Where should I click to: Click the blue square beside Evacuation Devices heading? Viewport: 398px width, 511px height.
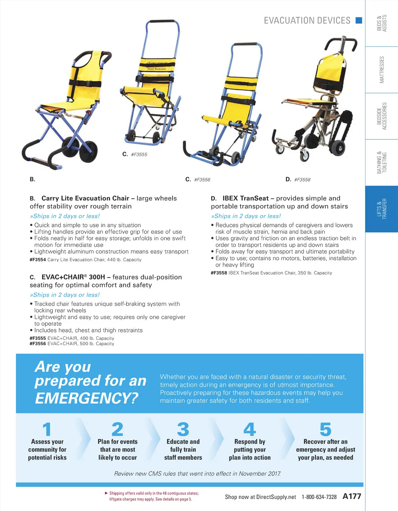tap(359, 21)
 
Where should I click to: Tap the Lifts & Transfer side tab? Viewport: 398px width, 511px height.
tap(381, 209)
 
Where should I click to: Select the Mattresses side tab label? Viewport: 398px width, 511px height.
tap(382, 70)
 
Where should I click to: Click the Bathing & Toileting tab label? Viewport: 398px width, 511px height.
tap(381, 163)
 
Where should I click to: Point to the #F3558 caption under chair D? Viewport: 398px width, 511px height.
tap(302, 180)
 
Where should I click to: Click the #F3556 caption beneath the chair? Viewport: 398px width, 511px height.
tap(202, 180)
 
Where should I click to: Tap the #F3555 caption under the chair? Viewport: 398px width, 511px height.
tap(139, 155)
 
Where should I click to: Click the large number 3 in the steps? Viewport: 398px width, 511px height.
tap(183, 429)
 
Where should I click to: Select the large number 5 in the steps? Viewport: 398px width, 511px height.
tap(325, 429)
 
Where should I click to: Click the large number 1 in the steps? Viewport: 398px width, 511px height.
tap(47, 429)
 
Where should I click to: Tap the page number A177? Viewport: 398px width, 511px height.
tap(352, 496)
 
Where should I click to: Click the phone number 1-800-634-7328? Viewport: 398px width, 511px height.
tap(319, 497)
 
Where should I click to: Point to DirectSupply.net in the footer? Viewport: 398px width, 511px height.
tap(276, 497)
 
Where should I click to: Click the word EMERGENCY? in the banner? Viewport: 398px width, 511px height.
tap(87, 398)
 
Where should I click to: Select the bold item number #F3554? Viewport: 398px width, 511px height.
tap(38, 259)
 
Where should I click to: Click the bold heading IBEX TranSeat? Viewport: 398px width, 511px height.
tap(245, 198)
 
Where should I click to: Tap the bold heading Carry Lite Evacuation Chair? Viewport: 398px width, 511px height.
tap(85, 198)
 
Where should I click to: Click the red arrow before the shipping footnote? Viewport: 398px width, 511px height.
tap(106, 493)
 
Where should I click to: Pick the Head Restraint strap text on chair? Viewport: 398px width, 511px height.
tap(157, 69)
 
